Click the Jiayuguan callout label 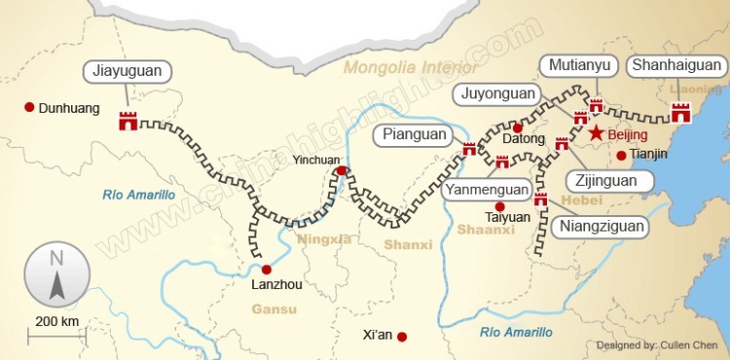(128, 71)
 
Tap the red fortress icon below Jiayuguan (128, 121)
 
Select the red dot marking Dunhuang (29, 107)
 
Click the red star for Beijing (595, 132)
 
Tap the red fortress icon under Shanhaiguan (681, 112)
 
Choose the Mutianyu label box (580, 66)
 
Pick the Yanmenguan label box (487, 190)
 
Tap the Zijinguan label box (605, 181)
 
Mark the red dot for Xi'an (402, 337)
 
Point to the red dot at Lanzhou (266, 270)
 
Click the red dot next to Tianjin (621, 155)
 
